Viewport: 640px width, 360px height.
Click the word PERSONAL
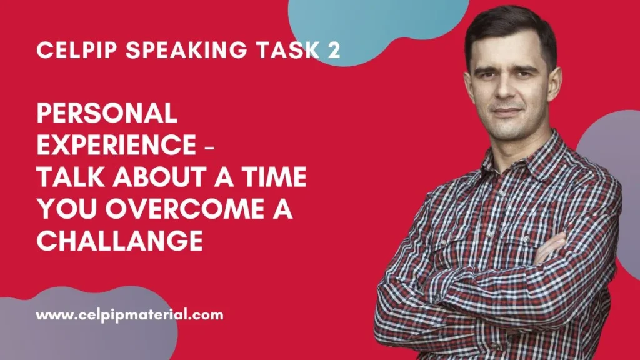click(107, 113)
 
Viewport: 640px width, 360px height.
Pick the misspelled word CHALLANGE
click(119, 241)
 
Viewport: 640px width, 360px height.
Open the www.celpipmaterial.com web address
click(129, 315)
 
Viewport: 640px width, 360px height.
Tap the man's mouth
click(508, 113)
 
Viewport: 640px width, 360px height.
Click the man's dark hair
click(509, 28)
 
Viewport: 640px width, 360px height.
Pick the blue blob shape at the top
click(375, 25)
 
